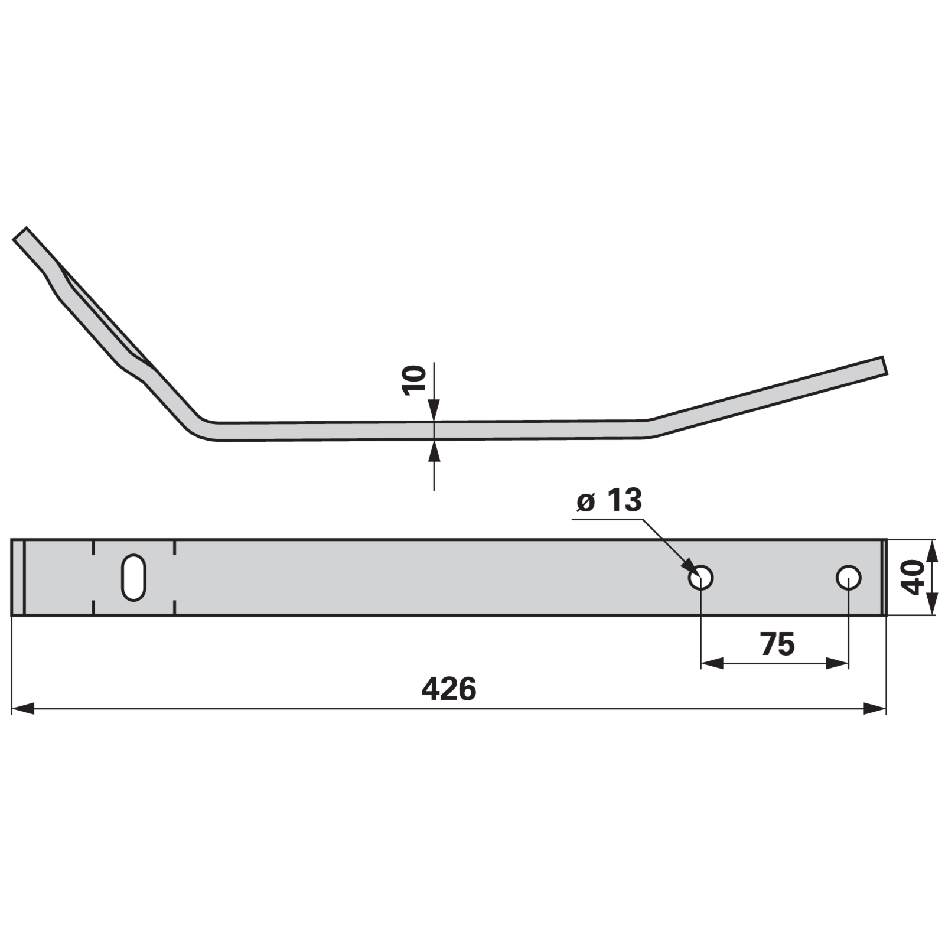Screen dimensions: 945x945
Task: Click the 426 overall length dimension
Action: [x=449, y=689]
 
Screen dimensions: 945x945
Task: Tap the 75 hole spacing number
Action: [x=778, y=644]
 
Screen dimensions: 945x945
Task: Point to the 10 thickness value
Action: [x=414, y=380]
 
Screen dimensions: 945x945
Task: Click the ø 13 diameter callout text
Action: [x=609, y=501]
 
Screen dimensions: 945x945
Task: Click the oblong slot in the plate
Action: [x=133, y=577]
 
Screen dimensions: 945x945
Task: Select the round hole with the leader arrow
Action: [x=701, y=578]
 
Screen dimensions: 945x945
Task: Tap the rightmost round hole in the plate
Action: [x=849, y=578]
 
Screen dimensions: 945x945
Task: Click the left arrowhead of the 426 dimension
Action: [x=22, y=708]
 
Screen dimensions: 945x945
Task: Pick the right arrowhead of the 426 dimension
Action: [x=875, y=708]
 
